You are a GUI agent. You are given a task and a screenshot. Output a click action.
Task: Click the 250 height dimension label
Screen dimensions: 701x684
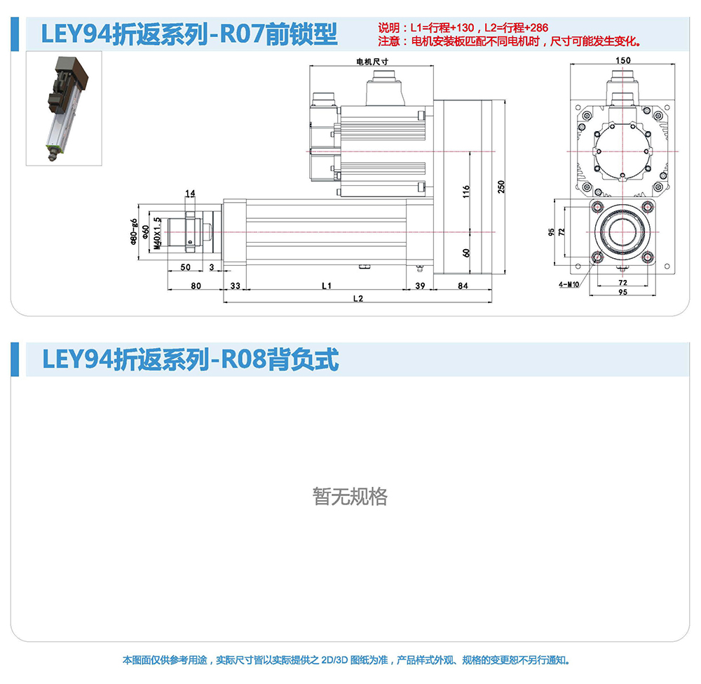click(x=501, y=187)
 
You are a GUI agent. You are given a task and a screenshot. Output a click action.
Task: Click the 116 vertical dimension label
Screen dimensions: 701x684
click(x=466, y=192)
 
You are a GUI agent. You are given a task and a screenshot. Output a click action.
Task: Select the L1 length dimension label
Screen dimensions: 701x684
click(x=327, y=286)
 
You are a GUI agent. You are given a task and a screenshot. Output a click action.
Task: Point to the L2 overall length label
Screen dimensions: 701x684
click(x=358, y=298)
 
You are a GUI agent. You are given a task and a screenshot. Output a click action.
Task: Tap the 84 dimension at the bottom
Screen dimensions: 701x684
click(x=463, y=286)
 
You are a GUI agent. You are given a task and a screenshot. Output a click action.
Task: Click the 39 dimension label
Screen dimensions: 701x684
click(x=420, y=286)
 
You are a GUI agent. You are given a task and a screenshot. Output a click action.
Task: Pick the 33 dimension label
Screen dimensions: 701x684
click(x=235, y=286)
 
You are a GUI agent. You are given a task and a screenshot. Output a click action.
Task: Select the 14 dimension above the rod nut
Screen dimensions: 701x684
click(x=190, y=193)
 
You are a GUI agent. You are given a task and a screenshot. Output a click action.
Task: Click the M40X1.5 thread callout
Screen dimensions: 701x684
click(x=156, y=234)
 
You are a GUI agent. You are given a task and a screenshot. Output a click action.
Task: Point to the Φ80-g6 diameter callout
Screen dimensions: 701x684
click(x=134, y=232)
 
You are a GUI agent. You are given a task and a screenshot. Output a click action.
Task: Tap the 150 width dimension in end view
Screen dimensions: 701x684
click(x=622, y=60)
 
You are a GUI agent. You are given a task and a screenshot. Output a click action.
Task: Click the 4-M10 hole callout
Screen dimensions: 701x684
click(x=569, y=285)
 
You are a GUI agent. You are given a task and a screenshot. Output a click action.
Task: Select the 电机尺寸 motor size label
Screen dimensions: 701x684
click(x=372, y=62)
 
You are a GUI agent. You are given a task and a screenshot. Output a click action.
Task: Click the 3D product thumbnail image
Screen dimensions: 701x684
click(x=64, y=108)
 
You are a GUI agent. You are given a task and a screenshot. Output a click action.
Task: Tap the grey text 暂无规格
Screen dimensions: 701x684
click(x=350, y=497)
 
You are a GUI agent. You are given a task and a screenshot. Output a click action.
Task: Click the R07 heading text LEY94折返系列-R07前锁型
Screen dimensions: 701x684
click(x=189, y=34)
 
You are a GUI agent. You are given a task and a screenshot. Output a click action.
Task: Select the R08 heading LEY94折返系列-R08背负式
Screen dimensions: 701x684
click(x=191, y=360)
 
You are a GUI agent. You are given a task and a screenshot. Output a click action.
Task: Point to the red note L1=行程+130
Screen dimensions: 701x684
click(x=442, y=28)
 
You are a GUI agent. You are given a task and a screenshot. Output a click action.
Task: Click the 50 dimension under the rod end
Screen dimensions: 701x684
click(x=186, y=267)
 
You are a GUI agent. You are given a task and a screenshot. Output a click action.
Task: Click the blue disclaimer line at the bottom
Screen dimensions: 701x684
click(x=346, y=660)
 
